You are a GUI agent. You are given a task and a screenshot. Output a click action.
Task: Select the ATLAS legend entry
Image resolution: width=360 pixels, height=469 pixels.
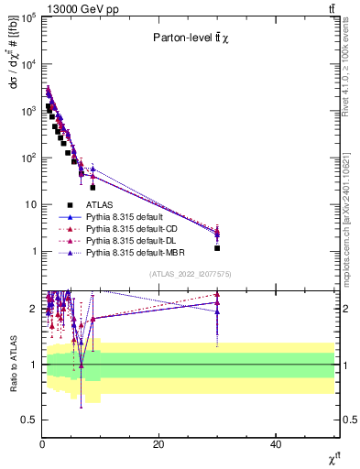coord(101,205)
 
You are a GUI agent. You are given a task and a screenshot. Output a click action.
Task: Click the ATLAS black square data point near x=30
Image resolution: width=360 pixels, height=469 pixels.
coord(217,248)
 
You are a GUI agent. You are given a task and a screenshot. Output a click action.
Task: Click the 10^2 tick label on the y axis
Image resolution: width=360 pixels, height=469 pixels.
coord(27,158)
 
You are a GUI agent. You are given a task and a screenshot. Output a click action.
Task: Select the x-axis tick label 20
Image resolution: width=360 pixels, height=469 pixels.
coord(158,444)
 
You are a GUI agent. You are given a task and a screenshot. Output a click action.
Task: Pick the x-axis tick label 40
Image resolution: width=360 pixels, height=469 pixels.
coord(276,444)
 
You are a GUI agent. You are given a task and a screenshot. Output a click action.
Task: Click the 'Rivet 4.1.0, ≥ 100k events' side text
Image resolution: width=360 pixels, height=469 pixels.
coord(351,88)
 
